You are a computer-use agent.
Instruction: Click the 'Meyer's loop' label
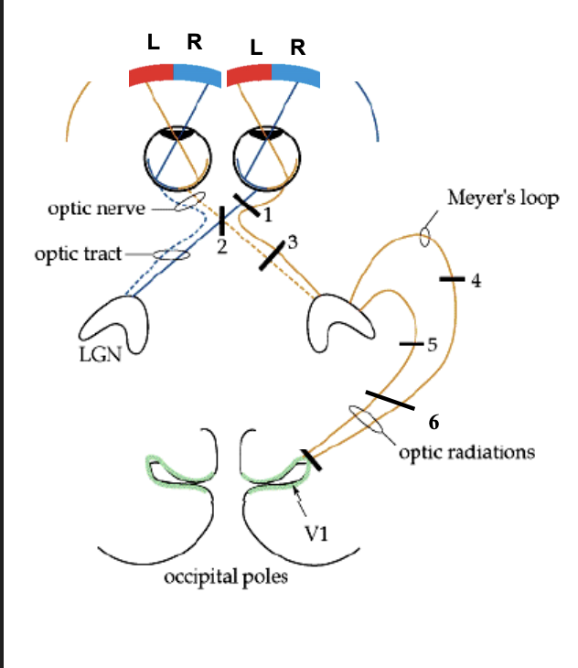(502, 198)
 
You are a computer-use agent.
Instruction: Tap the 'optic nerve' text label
(96, 209)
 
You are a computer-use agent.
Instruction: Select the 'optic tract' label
(78, 253)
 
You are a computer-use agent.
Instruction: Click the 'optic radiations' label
(466, 452)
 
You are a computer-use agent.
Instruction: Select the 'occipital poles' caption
(226, 577)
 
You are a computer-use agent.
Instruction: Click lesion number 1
(268, 214)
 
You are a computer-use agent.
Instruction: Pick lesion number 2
(221, 247)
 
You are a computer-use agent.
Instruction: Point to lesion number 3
(292, 242)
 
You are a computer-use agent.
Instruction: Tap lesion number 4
(475, 280)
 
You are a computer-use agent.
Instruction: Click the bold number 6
(434, 423)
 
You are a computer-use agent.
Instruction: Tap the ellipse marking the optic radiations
(366, 420)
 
